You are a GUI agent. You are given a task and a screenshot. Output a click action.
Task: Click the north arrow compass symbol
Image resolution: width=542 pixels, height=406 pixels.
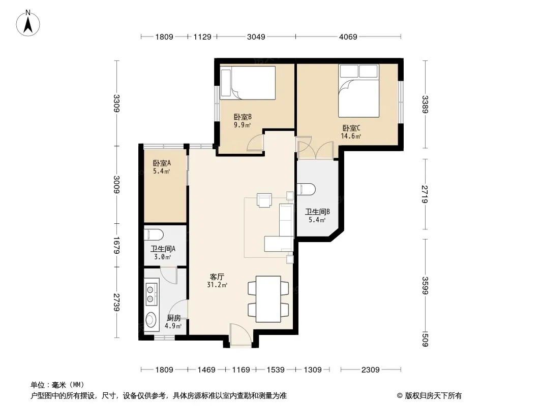tap(28, 23)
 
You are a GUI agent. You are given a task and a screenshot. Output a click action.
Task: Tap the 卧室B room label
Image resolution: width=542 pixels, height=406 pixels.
tap(243, 117)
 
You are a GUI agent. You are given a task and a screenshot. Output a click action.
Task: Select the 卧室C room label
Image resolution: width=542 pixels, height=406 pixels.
tap(351, 128)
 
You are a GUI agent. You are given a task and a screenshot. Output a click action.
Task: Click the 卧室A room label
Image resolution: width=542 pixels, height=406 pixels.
tap(162, 163)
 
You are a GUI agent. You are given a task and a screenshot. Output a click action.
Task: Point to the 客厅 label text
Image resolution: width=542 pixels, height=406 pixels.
tap(217, 277)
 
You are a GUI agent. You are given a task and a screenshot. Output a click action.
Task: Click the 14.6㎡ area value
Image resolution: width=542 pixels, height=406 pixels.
tap(351, 136)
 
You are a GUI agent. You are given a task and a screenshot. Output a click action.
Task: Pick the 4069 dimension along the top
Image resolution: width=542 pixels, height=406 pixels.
tap(348, 37)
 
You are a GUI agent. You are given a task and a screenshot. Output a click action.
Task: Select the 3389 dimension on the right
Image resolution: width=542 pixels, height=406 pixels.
tap(425, 104)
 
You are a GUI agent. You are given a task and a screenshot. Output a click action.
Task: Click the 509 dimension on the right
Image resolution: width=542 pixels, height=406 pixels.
tap(425, 339)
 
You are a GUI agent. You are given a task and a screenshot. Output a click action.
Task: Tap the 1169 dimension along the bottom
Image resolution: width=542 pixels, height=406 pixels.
tap(241, 370)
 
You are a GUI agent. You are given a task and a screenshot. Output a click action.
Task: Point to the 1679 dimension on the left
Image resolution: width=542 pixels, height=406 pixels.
tap(116, 245)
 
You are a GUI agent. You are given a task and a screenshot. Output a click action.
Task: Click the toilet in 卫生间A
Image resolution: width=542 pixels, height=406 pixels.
tap(154, 235)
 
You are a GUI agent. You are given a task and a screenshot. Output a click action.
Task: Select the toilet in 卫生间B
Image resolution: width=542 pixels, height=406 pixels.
tap(306, 189)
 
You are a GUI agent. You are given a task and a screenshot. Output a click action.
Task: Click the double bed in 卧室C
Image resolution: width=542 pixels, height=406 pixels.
tap(359, 91)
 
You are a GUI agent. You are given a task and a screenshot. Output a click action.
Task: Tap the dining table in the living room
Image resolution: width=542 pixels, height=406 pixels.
tap(268, 299)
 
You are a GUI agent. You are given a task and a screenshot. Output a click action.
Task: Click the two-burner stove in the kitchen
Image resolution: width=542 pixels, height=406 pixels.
tap(152, 294)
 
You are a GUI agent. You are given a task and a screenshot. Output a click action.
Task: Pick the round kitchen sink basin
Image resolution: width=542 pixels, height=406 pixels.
tap(150, 320)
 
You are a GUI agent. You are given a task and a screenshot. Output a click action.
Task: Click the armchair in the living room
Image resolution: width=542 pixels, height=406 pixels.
tap(264, 200)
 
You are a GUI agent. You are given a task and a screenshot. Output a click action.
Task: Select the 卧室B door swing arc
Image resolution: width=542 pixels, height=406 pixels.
tap(255, 142)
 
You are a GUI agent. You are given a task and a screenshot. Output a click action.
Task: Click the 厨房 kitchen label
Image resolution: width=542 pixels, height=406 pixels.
tap(173, 318)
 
